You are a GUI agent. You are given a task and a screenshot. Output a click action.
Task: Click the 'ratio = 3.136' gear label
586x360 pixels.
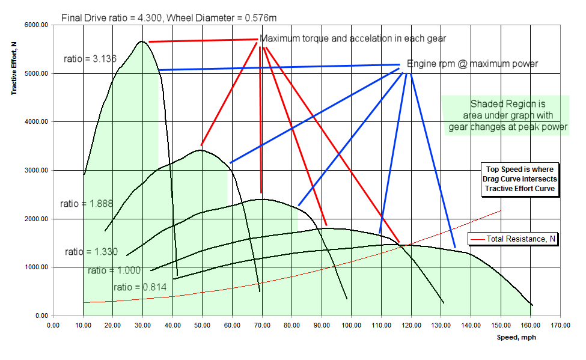click(x=90, y=59)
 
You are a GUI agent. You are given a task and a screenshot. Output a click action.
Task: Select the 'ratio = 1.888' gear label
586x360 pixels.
click(x=87, y=204)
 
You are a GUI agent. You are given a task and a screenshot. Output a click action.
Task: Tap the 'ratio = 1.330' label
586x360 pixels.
click(x=91, y=252)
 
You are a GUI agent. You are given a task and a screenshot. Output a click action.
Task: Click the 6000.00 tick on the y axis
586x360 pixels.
click(x=35, y=25)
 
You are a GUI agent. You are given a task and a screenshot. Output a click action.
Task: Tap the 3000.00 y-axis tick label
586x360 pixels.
click(x=35, y=171)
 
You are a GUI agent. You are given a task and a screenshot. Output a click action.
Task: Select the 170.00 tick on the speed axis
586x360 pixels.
click(x=560, y=326)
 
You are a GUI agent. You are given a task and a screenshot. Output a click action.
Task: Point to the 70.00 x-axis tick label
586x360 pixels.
click(x=261, y=326)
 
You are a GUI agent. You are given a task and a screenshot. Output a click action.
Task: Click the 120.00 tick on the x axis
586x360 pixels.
click(x=411, y=326)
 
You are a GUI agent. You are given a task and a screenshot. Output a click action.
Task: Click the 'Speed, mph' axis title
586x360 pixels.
click(x=516, y=337)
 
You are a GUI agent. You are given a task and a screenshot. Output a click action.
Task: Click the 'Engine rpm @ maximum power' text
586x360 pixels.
click(x=472, y=64)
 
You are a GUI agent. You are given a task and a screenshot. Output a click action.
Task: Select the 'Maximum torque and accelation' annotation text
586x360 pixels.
click(x=353, y=40)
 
